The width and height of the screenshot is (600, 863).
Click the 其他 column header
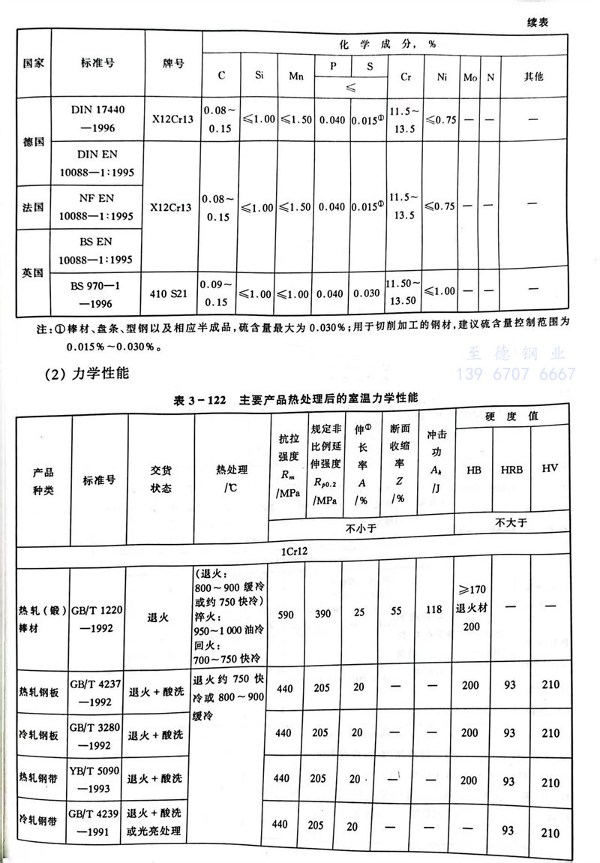[534, 77]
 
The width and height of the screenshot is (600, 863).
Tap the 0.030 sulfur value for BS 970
[369, 293]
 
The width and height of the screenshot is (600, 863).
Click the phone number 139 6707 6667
[511, 374]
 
